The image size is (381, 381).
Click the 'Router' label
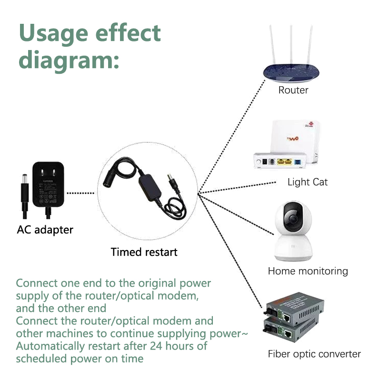pos(293,90)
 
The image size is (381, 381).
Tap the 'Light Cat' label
pos(307,182)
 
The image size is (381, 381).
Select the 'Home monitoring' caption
pos(308,271)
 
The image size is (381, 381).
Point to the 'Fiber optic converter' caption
pos(314,354)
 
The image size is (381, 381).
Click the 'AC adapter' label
pos(45,230)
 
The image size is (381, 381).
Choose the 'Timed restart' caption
pos(144,252)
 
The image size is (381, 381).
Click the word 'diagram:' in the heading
pos(69,60)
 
